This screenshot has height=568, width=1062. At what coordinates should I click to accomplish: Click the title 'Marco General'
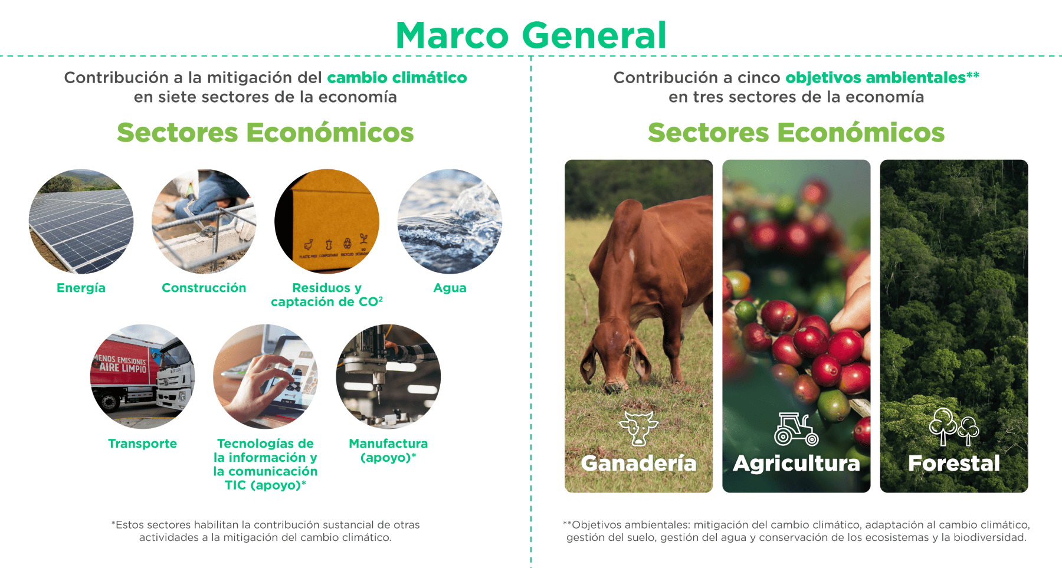tap(531, 35)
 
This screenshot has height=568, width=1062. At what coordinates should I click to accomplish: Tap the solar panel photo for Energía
tap(81, 222)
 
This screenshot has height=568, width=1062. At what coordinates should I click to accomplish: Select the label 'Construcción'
tap(204, 288)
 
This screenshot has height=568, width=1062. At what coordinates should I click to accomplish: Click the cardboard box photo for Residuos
tap(327, 222)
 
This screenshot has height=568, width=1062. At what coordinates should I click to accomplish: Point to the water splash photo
tap(450, 222)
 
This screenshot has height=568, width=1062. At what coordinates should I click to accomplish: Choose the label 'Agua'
tap(450, 288)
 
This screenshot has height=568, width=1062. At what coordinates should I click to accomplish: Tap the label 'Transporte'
tap(142, 444)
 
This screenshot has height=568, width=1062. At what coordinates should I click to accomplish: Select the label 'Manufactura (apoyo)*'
tap(388, 450)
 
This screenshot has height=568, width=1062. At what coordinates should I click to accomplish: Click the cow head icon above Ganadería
tap(638, 428)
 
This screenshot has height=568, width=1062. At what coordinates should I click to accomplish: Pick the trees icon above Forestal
tap(953, 426)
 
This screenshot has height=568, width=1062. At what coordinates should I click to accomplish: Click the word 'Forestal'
tap(953, 464)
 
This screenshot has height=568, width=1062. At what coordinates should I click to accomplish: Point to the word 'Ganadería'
tap(638, 464)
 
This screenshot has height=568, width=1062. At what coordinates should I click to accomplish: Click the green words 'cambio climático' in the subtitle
tap(396, 78)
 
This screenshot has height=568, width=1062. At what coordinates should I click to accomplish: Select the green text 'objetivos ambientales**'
tap(882, 78)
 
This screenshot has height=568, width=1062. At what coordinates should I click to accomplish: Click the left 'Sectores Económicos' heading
tap(265, 133)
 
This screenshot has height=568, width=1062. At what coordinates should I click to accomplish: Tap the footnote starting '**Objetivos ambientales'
tap(796, 531)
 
